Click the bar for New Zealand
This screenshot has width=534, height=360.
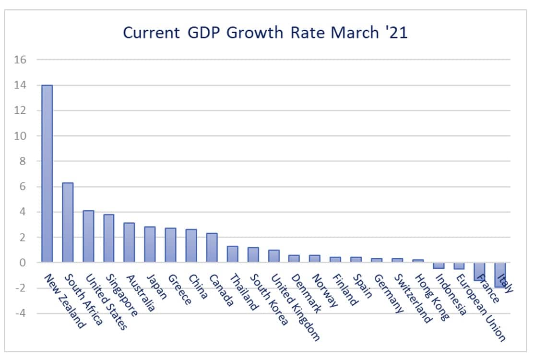[x=47, y=174]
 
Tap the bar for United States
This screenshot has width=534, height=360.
[x=88, y=236]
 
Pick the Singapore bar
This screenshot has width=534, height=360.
[x=109, y=238]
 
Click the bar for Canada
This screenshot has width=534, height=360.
[x=212, y=248]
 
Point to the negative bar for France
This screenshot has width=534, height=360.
[x=479, y=271]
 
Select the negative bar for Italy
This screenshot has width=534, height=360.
[x=500, y=275]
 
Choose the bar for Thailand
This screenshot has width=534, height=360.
[x=232, y=254]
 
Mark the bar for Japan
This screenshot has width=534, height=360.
[x=150, y=244]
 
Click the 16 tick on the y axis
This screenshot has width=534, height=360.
[x=22, y=60]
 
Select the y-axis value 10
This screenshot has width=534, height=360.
[x=22, y=136]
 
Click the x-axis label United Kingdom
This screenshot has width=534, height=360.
[x=295, y=307]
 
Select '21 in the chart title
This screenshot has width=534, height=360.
[x=397, y=33]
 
